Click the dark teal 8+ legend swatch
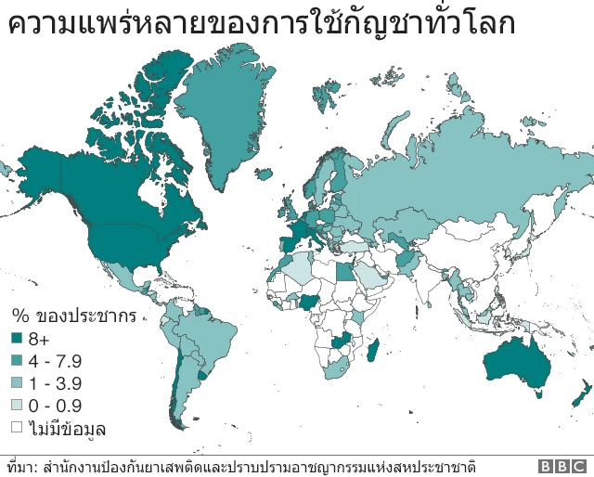17,339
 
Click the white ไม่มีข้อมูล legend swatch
17,428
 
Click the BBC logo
562,466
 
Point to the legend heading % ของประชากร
73,316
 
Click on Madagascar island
374,350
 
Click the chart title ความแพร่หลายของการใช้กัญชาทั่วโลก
261,23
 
